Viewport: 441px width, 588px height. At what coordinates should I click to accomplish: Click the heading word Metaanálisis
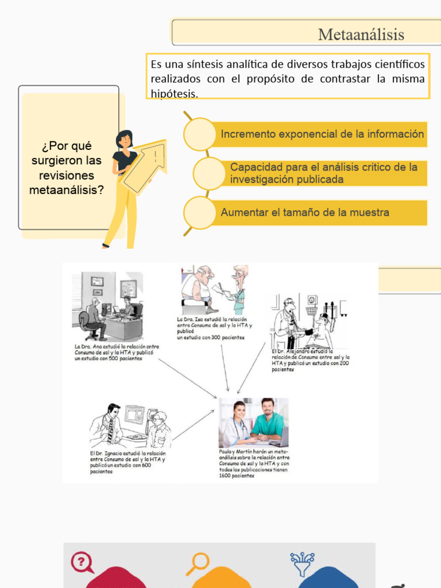coord(361,35)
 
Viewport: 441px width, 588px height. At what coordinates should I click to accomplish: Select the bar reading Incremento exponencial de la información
coord(322,134)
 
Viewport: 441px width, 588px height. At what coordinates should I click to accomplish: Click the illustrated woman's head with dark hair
coord(124,139)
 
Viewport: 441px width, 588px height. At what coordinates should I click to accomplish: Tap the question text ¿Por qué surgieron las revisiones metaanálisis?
coord(67,168)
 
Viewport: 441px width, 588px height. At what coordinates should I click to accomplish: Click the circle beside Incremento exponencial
coord(199,134)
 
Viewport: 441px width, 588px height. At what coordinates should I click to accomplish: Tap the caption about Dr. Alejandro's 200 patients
coord(311,360)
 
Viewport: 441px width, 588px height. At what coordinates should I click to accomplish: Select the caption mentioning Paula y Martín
coord(254,463)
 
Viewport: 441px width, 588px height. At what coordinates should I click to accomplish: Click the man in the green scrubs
coord(268,419)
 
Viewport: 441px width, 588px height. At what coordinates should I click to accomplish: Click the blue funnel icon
coord(303,563)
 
